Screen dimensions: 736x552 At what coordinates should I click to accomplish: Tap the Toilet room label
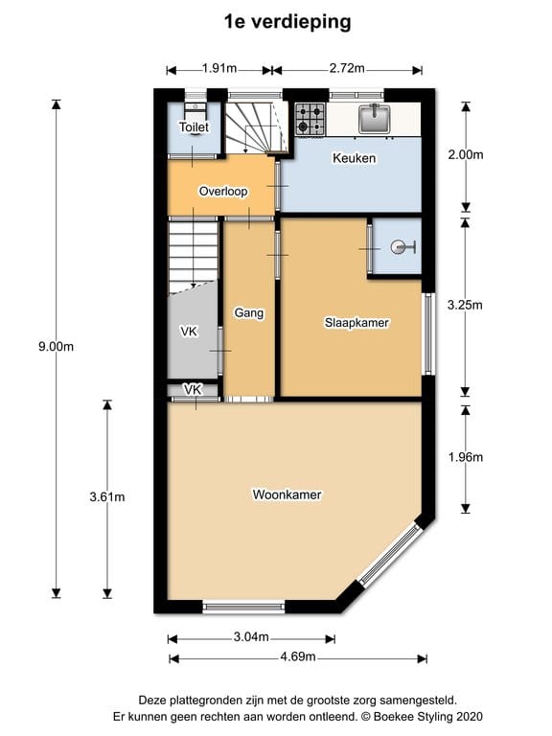pos(194,126)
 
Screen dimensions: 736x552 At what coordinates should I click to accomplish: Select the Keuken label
pos(354,158)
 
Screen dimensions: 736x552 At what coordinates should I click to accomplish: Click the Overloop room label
pos(222,191)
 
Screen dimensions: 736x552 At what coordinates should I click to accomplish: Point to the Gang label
pos(248,312)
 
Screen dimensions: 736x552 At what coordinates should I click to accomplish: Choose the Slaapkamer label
pos(356,323)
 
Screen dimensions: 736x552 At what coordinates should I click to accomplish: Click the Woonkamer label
pos(287,494)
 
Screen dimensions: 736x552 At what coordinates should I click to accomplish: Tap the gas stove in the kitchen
pos(309,119)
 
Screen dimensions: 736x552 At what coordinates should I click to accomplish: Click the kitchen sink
pos(374,118)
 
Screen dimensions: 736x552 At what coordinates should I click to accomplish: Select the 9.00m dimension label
pos(56,347)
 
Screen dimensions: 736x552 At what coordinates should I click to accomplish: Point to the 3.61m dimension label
pos(106,496)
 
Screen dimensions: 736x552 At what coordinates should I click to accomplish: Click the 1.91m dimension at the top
pos(219,68)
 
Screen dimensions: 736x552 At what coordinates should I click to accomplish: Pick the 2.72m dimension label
pos(347,68)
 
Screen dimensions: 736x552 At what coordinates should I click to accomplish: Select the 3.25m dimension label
pos(465,306)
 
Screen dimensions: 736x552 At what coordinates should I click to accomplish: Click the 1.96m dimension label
pos(465,457)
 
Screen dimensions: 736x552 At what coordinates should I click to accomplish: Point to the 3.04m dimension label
pos(250,638)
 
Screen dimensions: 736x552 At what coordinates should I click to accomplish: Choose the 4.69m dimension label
pos(297,657)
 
